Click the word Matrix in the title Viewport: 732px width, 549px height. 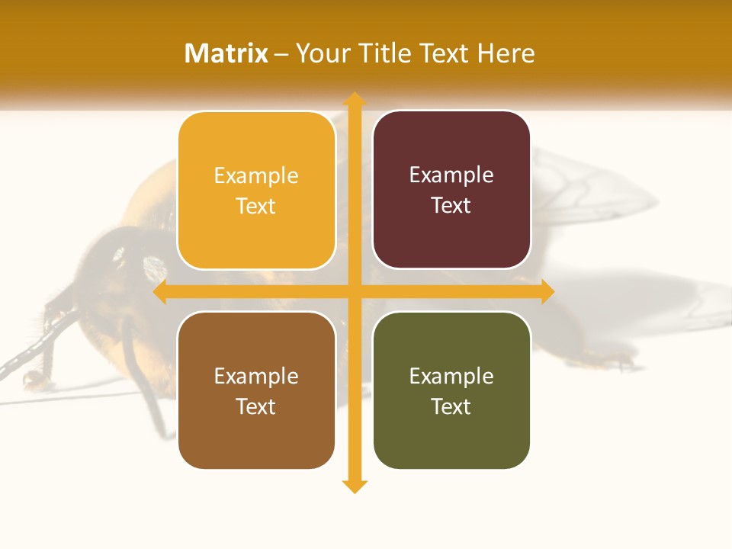tap(226, 53)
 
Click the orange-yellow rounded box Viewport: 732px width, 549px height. tap(256, 191)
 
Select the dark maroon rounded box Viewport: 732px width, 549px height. tap(451, 190)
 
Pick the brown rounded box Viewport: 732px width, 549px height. tap(256, 390)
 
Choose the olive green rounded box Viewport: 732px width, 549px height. tap(451, 390)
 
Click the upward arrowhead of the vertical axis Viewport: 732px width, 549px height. tap(354, 99)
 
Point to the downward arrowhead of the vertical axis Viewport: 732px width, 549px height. tap(354, 486)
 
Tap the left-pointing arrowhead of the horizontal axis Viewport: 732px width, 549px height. tap(161, 292)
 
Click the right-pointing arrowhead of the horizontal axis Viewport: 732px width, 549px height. tap(547, 292)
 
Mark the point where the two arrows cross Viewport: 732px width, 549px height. tap(354, 292)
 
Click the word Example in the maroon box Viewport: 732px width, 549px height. tap(451, 175)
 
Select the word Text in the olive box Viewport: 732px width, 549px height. tap(451, 406)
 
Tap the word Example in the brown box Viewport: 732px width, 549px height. tap(256, 376)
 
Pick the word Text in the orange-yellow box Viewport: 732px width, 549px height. tap(256, 206)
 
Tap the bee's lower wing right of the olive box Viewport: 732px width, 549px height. tap(648, 305)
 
